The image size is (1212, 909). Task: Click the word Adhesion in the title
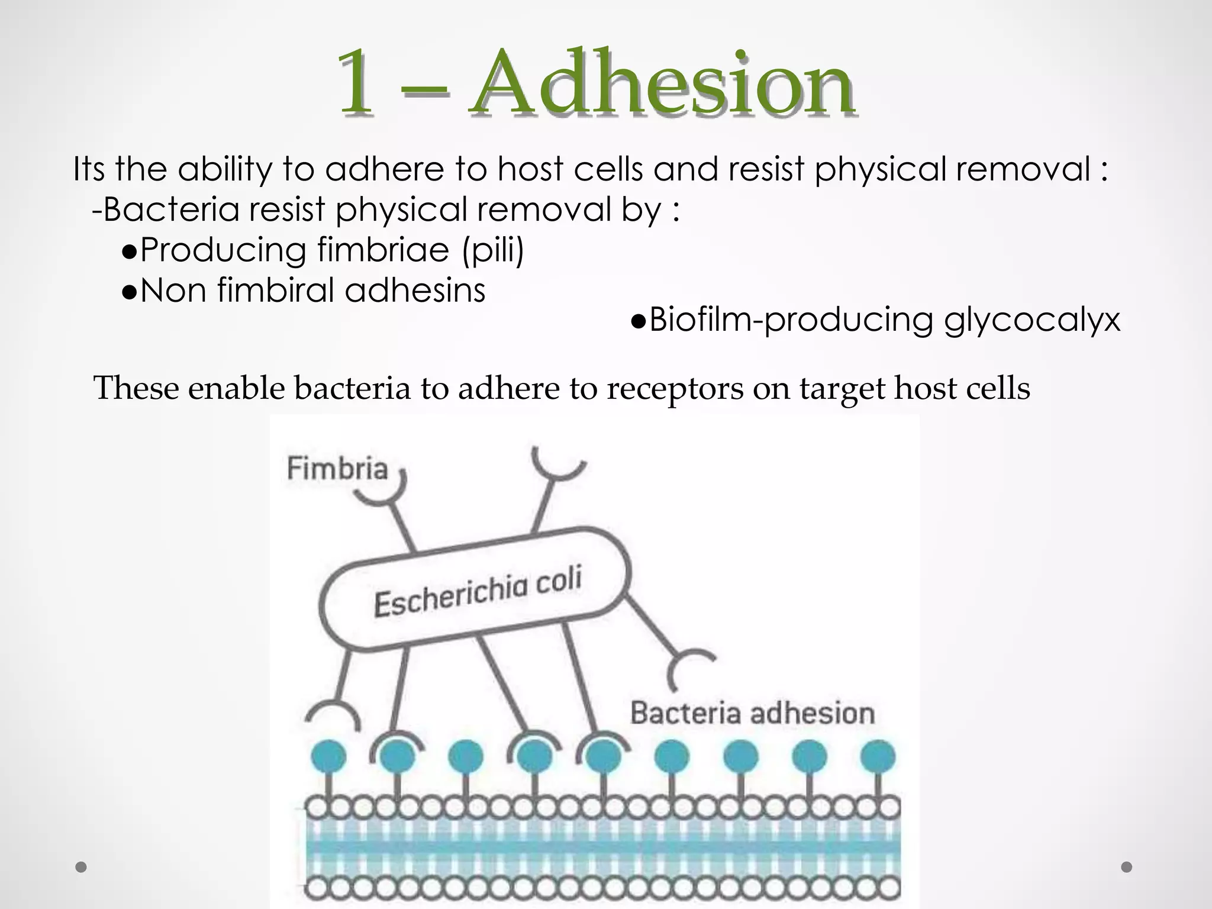pos(662,83)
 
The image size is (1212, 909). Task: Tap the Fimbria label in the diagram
pos(337,469)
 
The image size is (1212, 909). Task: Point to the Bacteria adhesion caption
pos(752,713)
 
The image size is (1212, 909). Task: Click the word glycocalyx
pos(1032,320)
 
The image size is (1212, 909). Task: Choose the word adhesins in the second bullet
pos(415,291)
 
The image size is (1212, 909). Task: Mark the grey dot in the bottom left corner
pos(82,868)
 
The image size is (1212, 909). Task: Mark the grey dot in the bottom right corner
pos(1127,868)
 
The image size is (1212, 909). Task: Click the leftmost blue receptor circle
pos(328,757)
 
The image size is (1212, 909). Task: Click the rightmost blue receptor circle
pos(878,757)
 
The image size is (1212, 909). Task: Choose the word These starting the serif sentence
pos(136,389)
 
